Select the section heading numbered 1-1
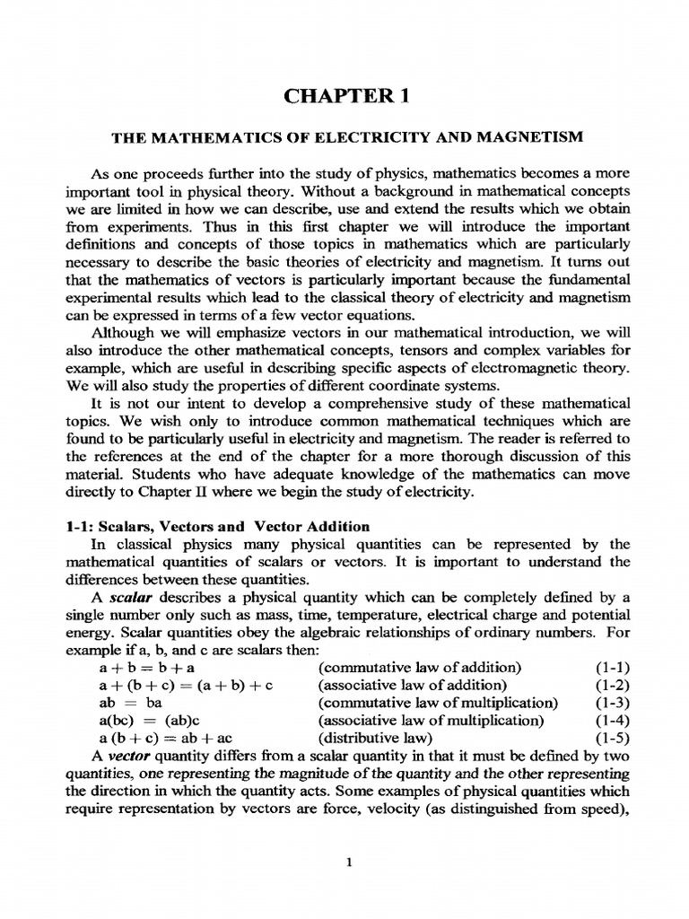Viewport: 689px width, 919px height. point(218,527)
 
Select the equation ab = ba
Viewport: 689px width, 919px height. point(128,703)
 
